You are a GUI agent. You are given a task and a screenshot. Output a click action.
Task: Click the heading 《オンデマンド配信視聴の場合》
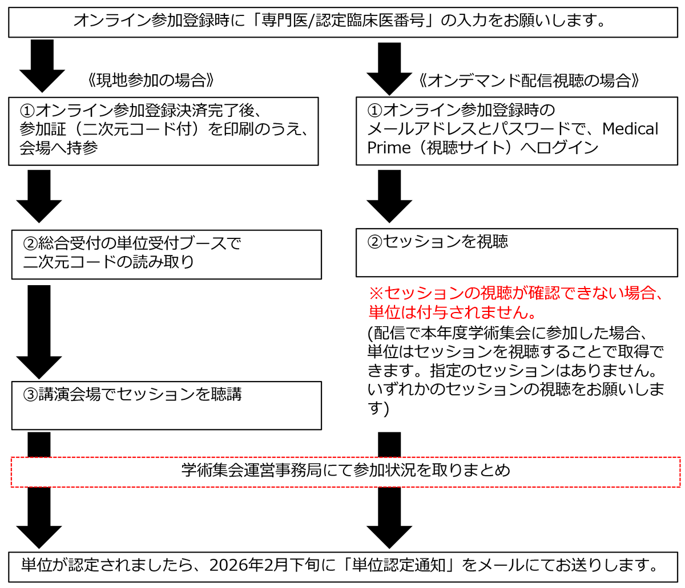(x=528, y=80)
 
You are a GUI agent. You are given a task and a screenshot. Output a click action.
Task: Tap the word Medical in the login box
(x=630, y=129)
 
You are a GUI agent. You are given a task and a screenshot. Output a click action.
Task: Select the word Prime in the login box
(x=389, y=148)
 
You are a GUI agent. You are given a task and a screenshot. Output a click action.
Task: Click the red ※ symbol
(x=376, y=293)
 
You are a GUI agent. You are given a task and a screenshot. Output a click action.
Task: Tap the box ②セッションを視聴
(x=517, y=252)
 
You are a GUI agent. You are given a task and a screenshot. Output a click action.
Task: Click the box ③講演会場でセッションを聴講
(x=166, y=405)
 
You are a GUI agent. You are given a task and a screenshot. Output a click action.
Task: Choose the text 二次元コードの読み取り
(x=108, y=262)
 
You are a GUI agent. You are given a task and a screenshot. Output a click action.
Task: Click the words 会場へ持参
(x=59, y=148)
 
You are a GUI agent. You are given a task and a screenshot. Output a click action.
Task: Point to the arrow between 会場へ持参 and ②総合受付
(x=39, y=196)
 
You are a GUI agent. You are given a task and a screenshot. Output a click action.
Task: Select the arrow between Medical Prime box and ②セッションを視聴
(x=389, y=196)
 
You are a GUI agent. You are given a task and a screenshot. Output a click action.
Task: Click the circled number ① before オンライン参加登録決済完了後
(x=27, y=110)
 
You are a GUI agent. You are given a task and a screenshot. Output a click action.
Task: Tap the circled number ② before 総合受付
(x=30, y=244)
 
